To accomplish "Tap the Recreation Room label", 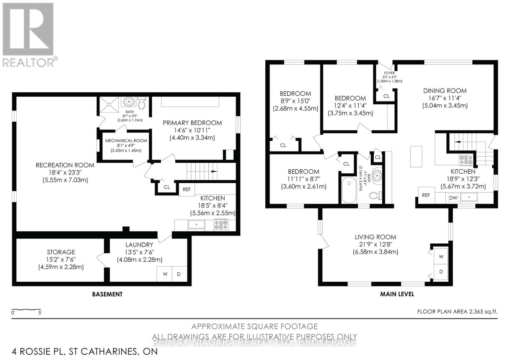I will coord(65,165).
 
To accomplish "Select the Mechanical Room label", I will coord(126,140).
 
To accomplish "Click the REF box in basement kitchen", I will coord(187,189).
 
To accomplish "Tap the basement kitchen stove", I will coord(221,225).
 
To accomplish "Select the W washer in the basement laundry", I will coord(165,274).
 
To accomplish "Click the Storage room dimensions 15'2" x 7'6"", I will coord(61,259).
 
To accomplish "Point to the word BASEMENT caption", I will coord(107,294).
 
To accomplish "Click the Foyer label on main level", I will coord(389,73).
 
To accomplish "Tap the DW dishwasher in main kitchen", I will coord(453,198).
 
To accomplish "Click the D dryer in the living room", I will coord(441,272).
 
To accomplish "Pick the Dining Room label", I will coord(445,91).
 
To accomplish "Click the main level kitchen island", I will coord(416,156).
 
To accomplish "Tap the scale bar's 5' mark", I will coord(40,313).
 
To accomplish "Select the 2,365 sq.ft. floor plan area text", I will coord(483,312).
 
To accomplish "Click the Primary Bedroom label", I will coord(192,123).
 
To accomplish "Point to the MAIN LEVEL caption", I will coord(397,294).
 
